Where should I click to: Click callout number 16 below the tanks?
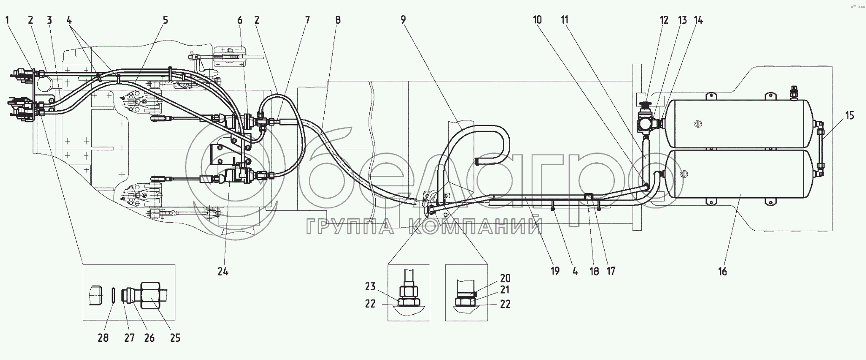(x=722, y=271)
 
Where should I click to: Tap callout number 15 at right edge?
(x=849, y=115)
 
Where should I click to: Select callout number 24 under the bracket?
(x=223, y=271)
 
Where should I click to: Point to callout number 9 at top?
(x=403, y=20)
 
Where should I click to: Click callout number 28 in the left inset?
(x=103, y=338)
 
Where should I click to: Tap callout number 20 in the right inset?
(x=505, y=278)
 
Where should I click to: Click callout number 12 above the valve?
(x=664, y=20)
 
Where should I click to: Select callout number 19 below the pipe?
(x=555, y=271)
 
